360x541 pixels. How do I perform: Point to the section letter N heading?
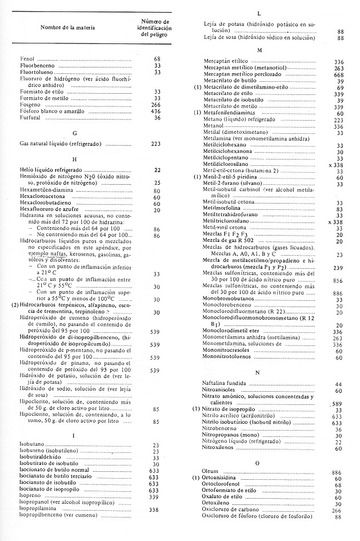click(259, 372)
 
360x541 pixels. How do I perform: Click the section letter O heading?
click(258, 462)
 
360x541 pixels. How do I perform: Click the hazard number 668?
click(339, 75)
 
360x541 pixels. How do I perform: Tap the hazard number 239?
click(339, 268)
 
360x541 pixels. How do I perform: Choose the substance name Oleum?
click(211, 472)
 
